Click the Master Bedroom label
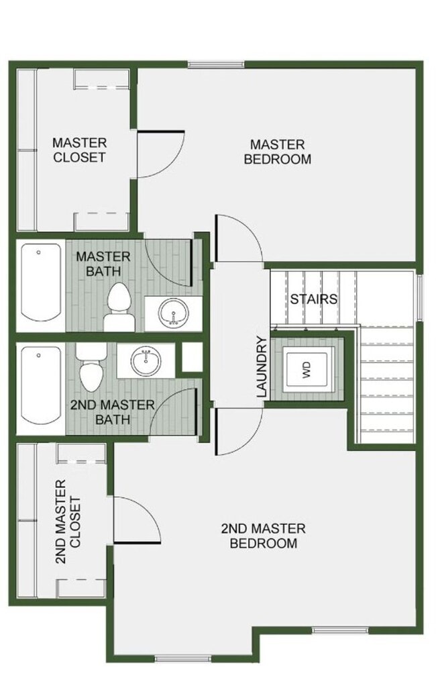(x=277, y=152)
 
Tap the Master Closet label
(x=79, y=150)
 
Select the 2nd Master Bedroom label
(x=263, y=536)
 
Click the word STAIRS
(x=313, y=299)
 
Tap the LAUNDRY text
(x=262, y=366)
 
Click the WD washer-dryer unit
(x=307, y=370)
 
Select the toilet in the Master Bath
(x=119, y=306)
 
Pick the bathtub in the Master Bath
(x=40, y=285)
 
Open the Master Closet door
(x=159, y=154)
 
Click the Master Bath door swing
(x=170, y=262)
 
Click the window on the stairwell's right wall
(x=420, y=297)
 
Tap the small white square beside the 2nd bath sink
(x=193, y=357)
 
